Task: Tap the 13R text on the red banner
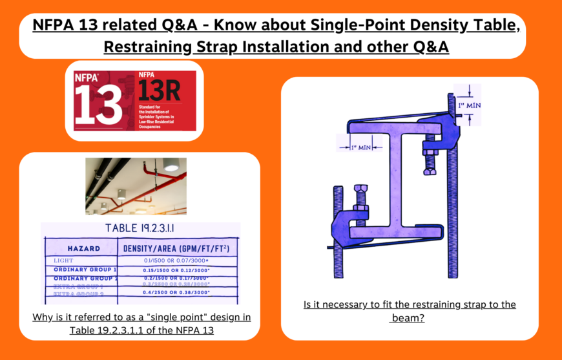pyautogui.click(x=158, y=91)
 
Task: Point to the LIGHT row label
pyautogui.click(x=65, y=260)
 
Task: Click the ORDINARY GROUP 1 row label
pyautogui.click(x=85, y=269)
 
